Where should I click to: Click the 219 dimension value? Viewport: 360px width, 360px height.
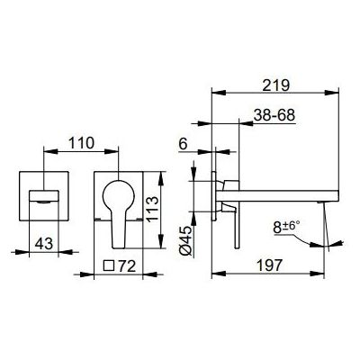click(275, 85)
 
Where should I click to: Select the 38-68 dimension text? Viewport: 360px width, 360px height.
click(274, 115)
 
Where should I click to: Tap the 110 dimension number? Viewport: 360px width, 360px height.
click(82, 143)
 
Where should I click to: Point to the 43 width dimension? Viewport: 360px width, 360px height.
click(44, 244)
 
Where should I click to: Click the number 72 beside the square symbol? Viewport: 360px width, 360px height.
click(127, 265)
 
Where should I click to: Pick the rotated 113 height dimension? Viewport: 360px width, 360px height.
click(153, 209)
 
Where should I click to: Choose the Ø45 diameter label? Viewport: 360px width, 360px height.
click(186, 240)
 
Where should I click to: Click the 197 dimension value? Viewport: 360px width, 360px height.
click(270, 265)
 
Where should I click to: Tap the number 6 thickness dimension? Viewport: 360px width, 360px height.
click(183, 144)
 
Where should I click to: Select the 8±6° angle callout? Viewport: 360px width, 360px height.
click(286, 227)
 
